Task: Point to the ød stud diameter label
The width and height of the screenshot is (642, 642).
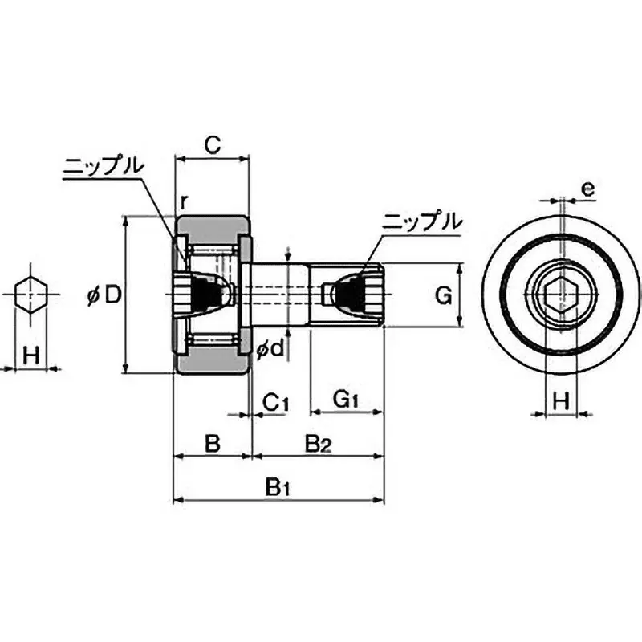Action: coord(270,350)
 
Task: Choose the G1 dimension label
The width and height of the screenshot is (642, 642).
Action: coord(346,399)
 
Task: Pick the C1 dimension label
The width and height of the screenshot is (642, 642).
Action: coord(275,400)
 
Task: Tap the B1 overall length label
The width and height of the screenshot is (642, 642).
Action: coord(278,486)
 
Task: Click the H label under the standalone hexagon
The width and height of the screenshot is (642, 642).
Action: coord(30,354)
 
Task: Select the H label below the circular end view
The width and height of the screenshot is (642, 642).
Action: coord(562,399)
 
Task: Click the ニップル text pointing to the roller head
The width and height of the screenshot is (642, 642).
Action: coord(104,166)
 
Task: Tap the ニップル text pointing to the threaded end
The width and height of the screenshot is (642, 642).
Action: coord(422,221)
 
